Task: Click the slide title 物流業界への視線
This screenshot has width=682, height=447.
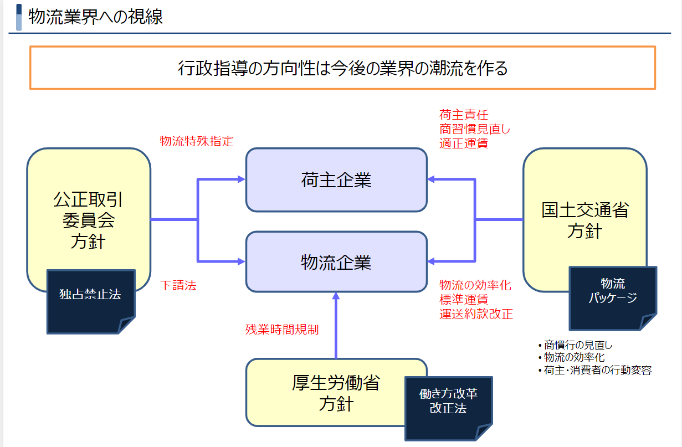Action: click(x=95, y=17)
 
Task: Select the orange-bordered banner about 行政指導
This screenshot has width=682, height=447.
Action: click(x=342, y=68)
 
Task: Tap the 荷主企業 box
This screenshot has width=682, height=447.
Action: click(x=336, y=180)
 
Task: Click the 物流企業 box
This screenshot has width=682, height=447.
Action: click(x=336, y=261)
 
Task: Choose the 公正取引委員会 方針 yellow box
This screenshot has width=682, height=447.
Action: click(x=88, y=216)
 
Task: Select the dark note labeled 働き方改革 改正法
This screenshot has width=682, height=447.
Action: click(x=448, y=402)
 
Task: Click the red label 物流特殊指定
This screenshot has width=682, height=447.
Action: click(x=197, y=141)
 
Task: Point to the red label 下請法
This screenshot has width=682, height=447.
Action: click(x=178, y=286)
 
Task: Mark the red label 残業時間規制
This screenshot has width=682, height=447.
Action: click(x=282, y=329)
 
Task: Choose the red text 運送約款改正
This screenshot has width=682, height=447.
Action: click(x=476, y=314)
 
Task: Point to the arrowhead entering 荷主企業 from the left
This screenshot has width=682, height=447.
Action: click(x=241, y=179)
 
